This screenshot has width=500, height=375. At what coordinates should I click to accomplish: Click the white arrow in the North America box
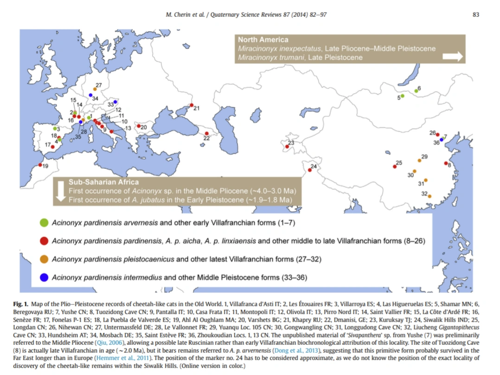[x=453, y=56]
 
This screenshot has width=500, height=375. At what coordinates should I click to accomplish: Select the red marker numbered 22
[x=206, y=134]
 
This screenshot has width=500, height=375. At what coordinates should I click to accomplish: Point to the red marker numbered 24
[x=309, y=170]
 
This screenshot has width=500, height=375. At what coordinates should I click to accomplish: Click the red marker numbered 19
[x=40, y=165]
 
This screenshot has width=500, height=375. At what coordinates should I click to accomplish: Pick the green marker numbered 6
[x=416, y=91]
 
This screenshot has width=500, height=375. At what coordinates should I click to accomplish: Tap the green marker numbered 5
[x=403, y=96]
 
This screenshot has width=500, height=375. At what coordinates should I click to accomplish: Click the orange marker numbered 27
[x=95, y=89]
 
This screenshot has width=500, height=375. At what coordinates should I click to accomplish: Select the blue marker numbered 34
[x=91, y=95]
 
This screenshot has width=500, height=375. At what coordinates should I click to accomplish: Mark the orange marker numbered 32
[x=429, y=196]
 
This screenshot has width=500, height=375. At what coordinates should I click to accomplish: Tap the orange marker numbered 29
[x=419, y=160]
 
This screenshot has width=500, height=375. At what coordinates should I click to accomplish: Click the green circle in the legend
[x=44, y=223]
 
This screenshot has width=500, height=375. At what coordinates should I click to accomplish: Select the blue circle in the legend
[x=44, y=278]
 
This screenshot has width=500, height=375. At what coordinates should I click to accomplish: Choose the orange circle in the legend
[x=44, y=259]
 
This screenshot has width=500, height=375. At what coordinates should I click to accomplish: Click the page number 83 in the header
[x=475, y=14]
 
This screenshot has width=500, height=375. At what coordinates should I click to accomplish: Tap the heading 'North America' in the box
[x=263, y=40]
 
